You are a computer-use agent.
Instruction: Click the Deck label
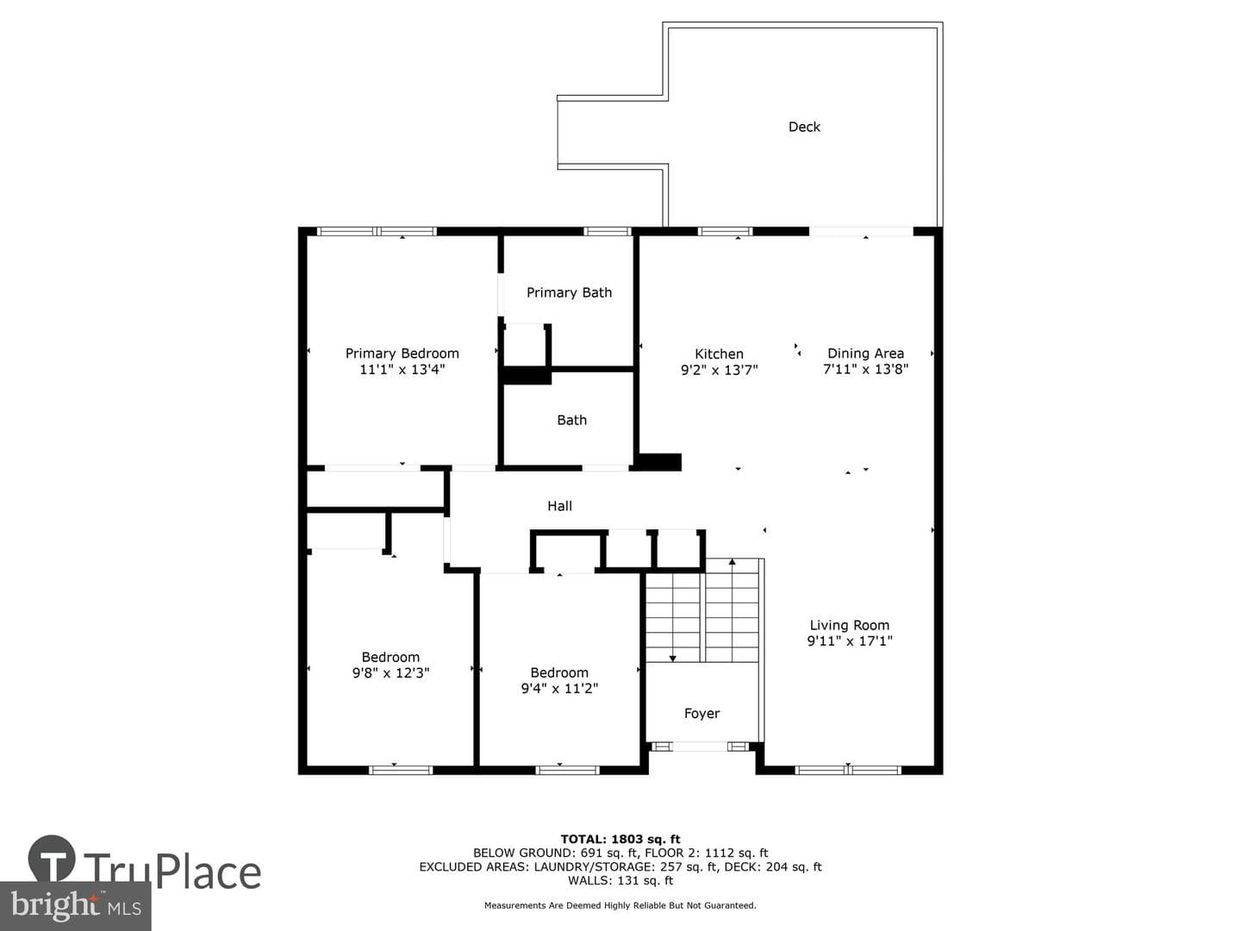tap(804, 127)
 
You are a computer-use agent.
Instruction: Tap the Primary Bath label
tap(569, 292)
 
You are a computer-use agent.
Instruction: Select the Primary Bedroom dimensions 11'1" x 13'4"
tap(402, 369)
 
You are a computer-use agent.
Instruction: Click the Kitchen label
tap(719, 353)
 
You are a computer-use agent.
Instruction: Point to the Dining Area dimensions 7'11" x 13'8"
tap(865, 369)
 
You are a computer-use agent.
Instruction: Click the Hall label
tap(559, 506)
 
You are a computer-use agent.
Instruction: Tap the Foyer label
tap(702, 714)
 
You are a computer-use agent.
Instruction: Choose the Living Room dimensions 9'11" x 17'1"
tap(849, 640)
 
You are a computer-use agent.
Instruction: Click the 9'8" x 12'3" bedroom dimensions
tap(390, 672)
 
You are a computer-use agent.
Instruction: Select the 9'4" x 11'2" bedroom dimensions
tap(559, 688)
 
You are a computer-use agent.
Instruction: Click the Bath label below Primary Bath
tap(571, 420)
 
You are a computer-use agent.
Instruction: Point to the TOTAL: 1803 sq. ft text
tap(620, 840)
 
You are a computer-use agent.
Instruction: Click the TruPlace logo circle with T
tap(52, 859)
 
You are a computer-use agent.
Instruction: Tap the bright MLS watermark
tap(75, 906)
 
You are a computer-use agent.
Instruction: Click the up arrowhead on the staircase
tap(733, 562)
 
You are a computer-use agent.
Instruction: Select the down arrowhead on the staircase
tap(672, 659)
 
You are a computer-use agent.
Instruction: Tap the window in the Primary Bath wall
tap(608, 231)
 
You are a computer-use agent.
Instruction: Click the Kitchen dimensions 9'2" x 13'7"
tap(719, 370)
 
